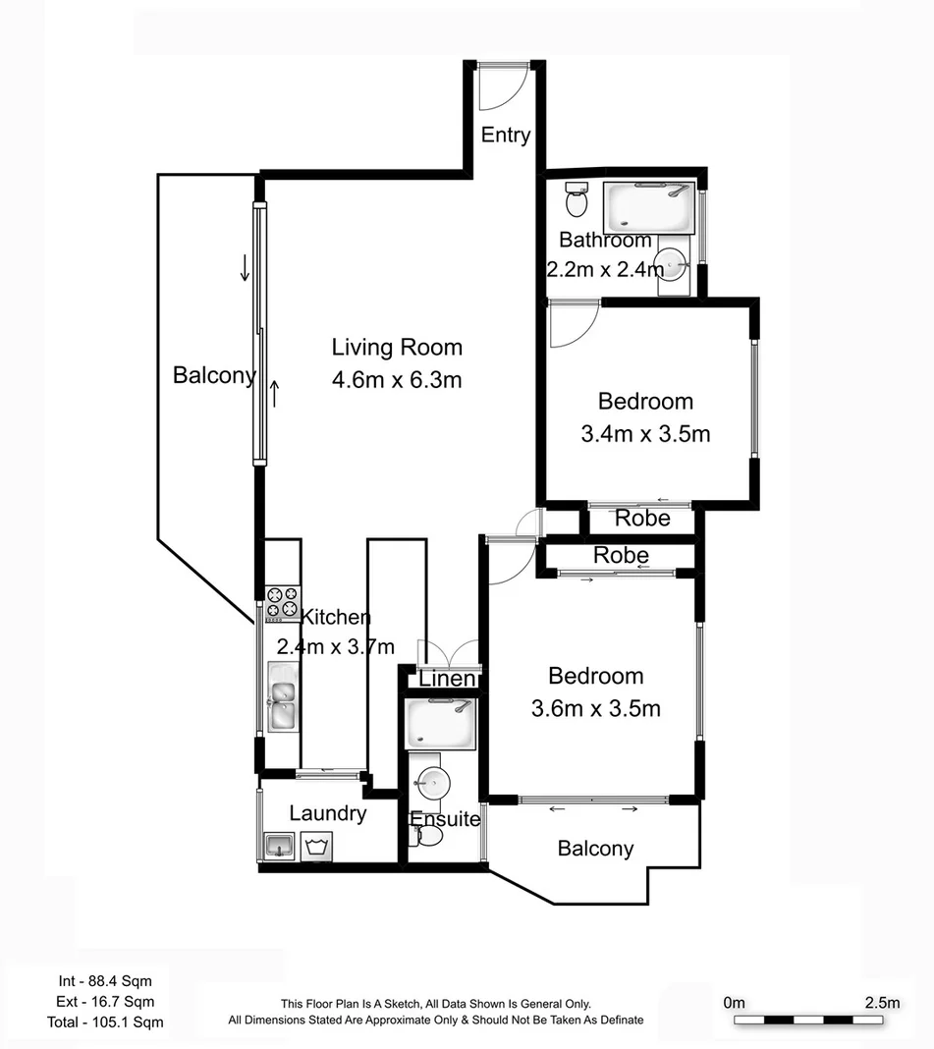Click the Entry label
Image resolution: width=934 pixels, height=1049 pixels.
click(x=506, y=136)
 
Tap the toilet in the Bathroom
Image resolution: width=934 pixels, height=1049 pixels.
click(x=577, y=201)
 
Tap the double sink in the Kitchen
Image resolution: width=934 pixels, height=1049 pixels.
click(x=281, y=696)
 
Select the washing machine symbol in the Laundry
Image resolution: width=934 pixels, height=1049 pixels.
click(x=316, y=845)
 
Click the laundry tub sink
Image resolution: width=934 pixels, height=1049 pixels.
click(x=278, y=845)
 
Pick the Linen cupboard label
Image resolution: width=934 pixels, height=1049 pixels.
click(x=447, y=680)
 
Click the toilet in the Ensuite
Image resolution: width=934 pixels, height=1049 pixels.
click(x=428, y=836)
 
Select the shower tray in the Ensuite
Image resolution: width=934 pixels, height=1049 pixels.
click(x=441, y=724)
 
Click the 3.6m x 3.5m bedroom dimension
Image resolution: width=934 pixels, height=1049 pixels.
click(x=595, y=708)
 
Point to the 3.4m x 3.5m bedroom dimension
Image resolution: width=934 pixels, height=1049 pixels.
click(x=645, y=433)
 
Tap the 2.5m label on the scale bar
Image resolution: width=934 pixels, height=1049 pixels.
click(x=881, y=1003)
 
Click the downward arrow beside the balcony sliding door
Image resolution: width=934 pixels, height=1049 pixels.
click(x=245, y=267)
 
